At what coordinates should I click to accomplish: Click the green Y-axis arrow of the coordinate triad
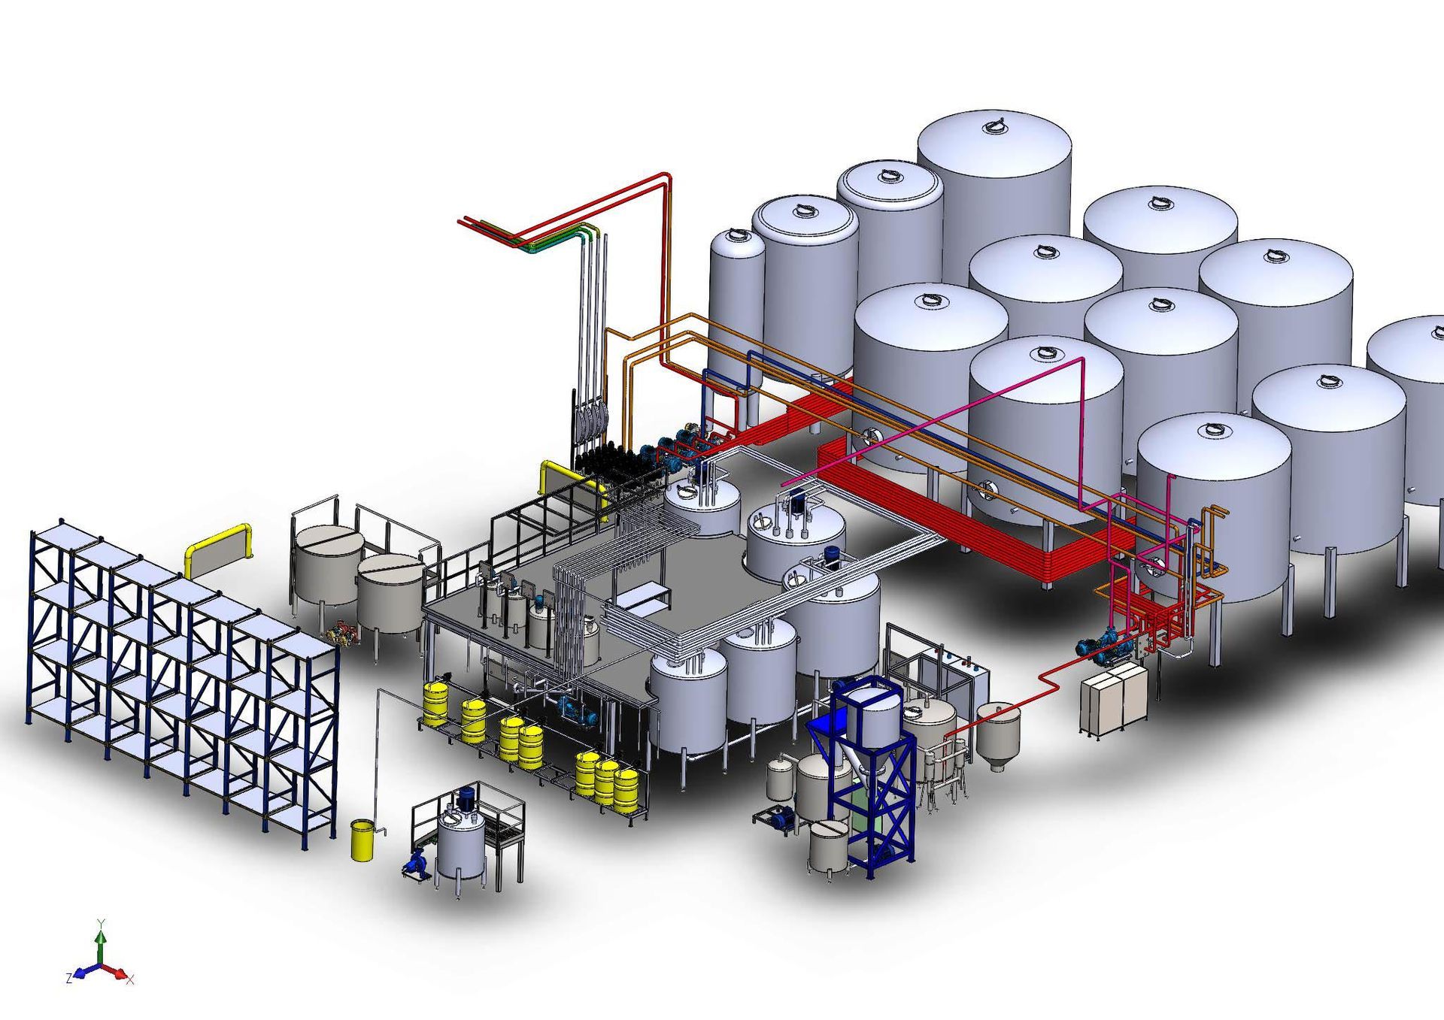coord(101,943)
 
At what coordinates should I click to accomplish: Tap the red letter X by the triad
coord(130,979)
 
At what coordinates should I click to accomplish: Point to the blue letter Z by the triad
coord(69,978)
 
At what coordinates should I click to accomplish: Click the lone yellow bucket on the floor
coord(363,840)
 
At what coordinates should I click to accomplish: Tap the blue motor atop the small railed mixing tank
coord(467,795)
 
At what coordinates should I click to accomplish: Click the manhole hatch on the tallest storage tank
coord(995,125)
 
